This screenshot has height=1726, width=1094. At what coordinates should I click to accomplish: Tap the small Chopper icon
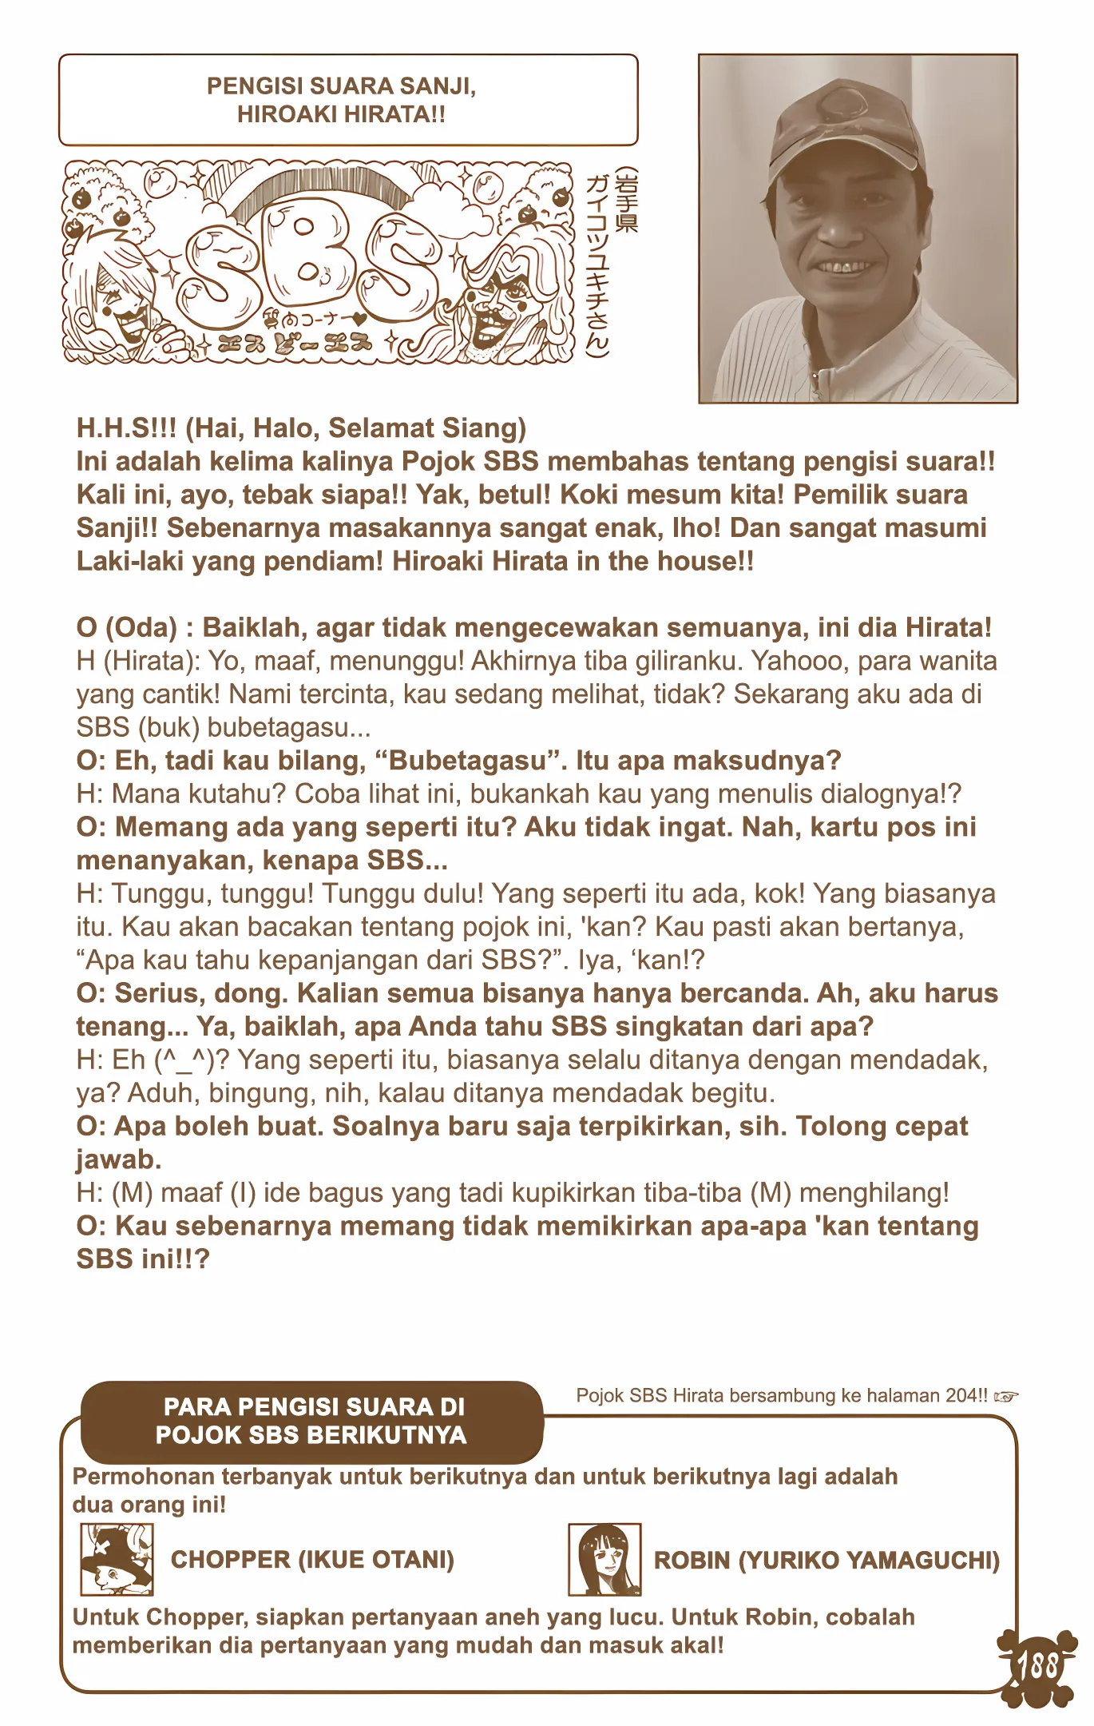point(117,1558)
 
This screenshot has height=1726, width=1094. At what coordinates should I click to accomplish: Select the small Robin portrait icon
point(604,1559)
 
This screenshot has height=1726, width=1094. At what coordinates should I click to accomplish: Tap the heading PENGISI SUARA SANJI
point(341,86)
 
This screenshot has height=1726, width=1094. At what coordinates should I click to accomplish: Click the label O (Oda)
point(126,627)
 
